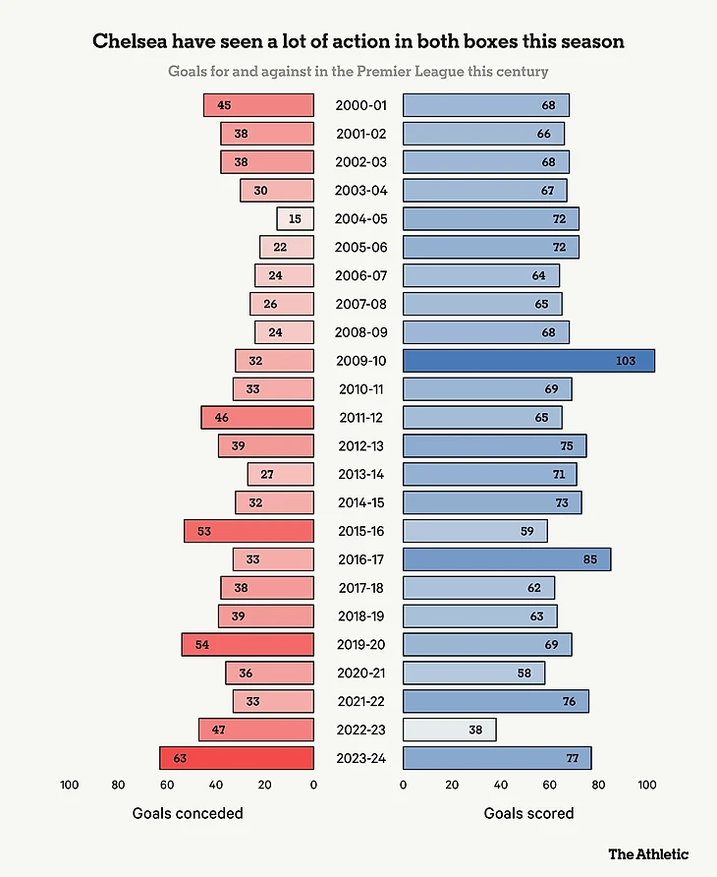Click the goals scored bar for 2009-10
point(528,361)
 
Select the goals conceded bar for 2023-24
point(237,758)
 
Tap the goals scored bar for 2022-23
point(449,730)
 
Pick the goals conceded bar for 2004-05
point(295,219)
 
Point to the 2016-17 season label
point(360,559)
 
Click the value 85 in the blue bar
point(589,559)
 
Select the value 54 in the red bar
point(202,645)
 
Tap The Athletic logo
point(648,853)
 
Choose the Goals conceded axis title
point(188,813)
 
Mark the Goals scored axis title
point(528,813)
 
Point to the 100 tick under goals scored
point(647,785)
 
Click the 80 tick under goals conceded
point(118,785)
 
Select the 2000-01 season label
point(360,105)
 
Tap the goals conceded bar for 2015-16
point(248,531)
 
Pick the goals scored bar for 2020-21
point(473,672)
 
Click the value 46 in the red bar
point(222,418)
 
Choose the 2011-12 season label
point(360,418)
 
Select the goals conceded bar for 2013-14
point(280,475)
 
